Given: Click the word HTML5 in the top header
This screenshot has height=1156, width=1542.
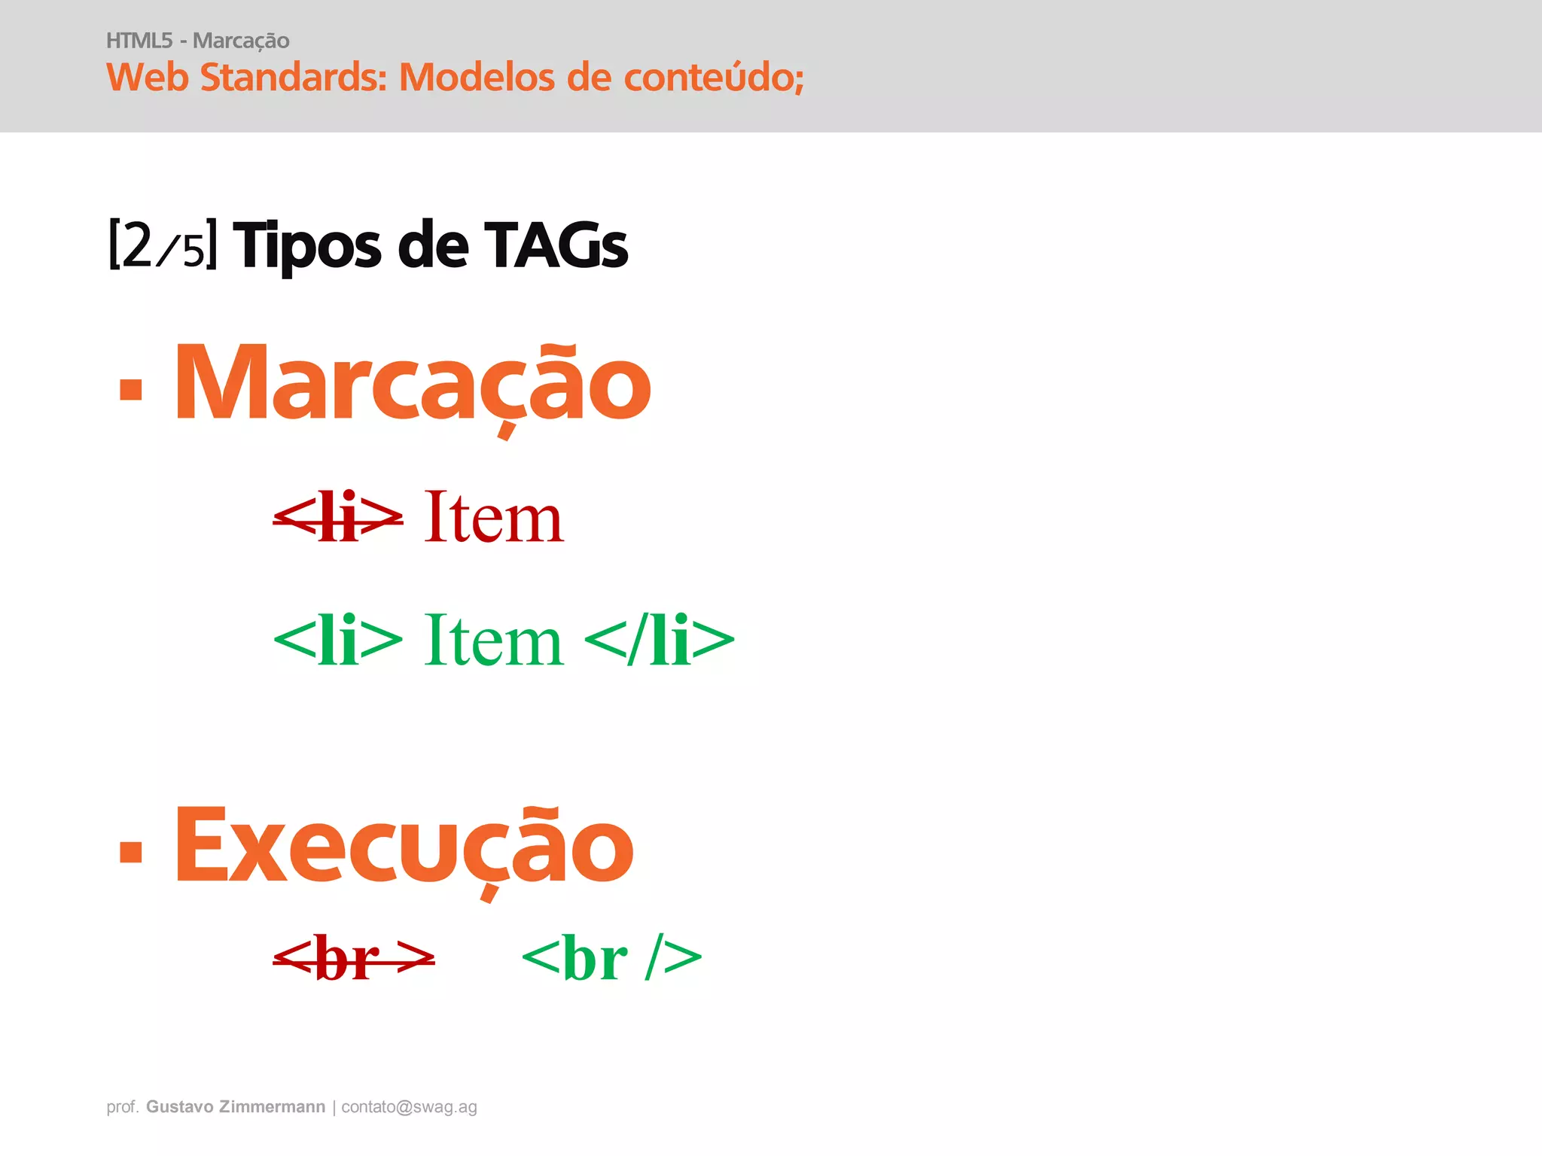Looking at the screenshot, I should [139, 41].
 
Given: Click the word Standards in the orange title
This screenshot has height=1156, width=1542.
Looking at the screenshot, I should [294, 77].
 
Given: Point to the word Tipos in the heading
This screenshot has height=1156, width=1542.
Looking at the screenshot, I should [308, 245].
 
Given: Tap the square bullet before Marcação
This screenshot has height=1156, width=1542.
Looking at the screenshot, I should [131, 388].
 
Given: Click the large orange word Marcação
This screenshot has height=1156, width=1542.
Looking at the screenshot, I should [413, 384].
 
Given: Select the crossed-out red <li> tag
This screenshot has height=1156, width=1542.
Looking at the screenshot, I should [338, 518].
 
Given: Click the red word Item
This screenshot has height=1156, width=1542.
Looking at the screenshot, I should [494, 518].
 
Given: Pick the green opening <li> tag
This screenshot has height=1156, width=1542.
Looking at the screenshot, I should [338, 641].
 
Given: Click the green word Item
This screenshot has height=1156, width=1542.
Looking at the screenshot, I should [494, 641].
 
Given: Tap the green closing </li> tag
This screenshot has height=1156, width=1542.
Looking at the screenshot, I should [660, 641].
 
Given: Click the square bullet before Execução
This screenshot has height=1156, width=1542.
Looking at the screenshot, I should [131, 851].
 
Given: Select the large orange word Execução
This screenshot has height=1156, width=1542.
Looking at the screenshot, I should [404, 847].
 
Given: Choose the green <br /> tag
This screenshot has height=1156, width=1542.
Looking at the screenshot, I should [611, 959].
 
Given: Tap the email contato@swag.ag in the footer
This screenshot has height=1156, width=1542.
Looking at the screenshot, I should [409, 1107].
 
